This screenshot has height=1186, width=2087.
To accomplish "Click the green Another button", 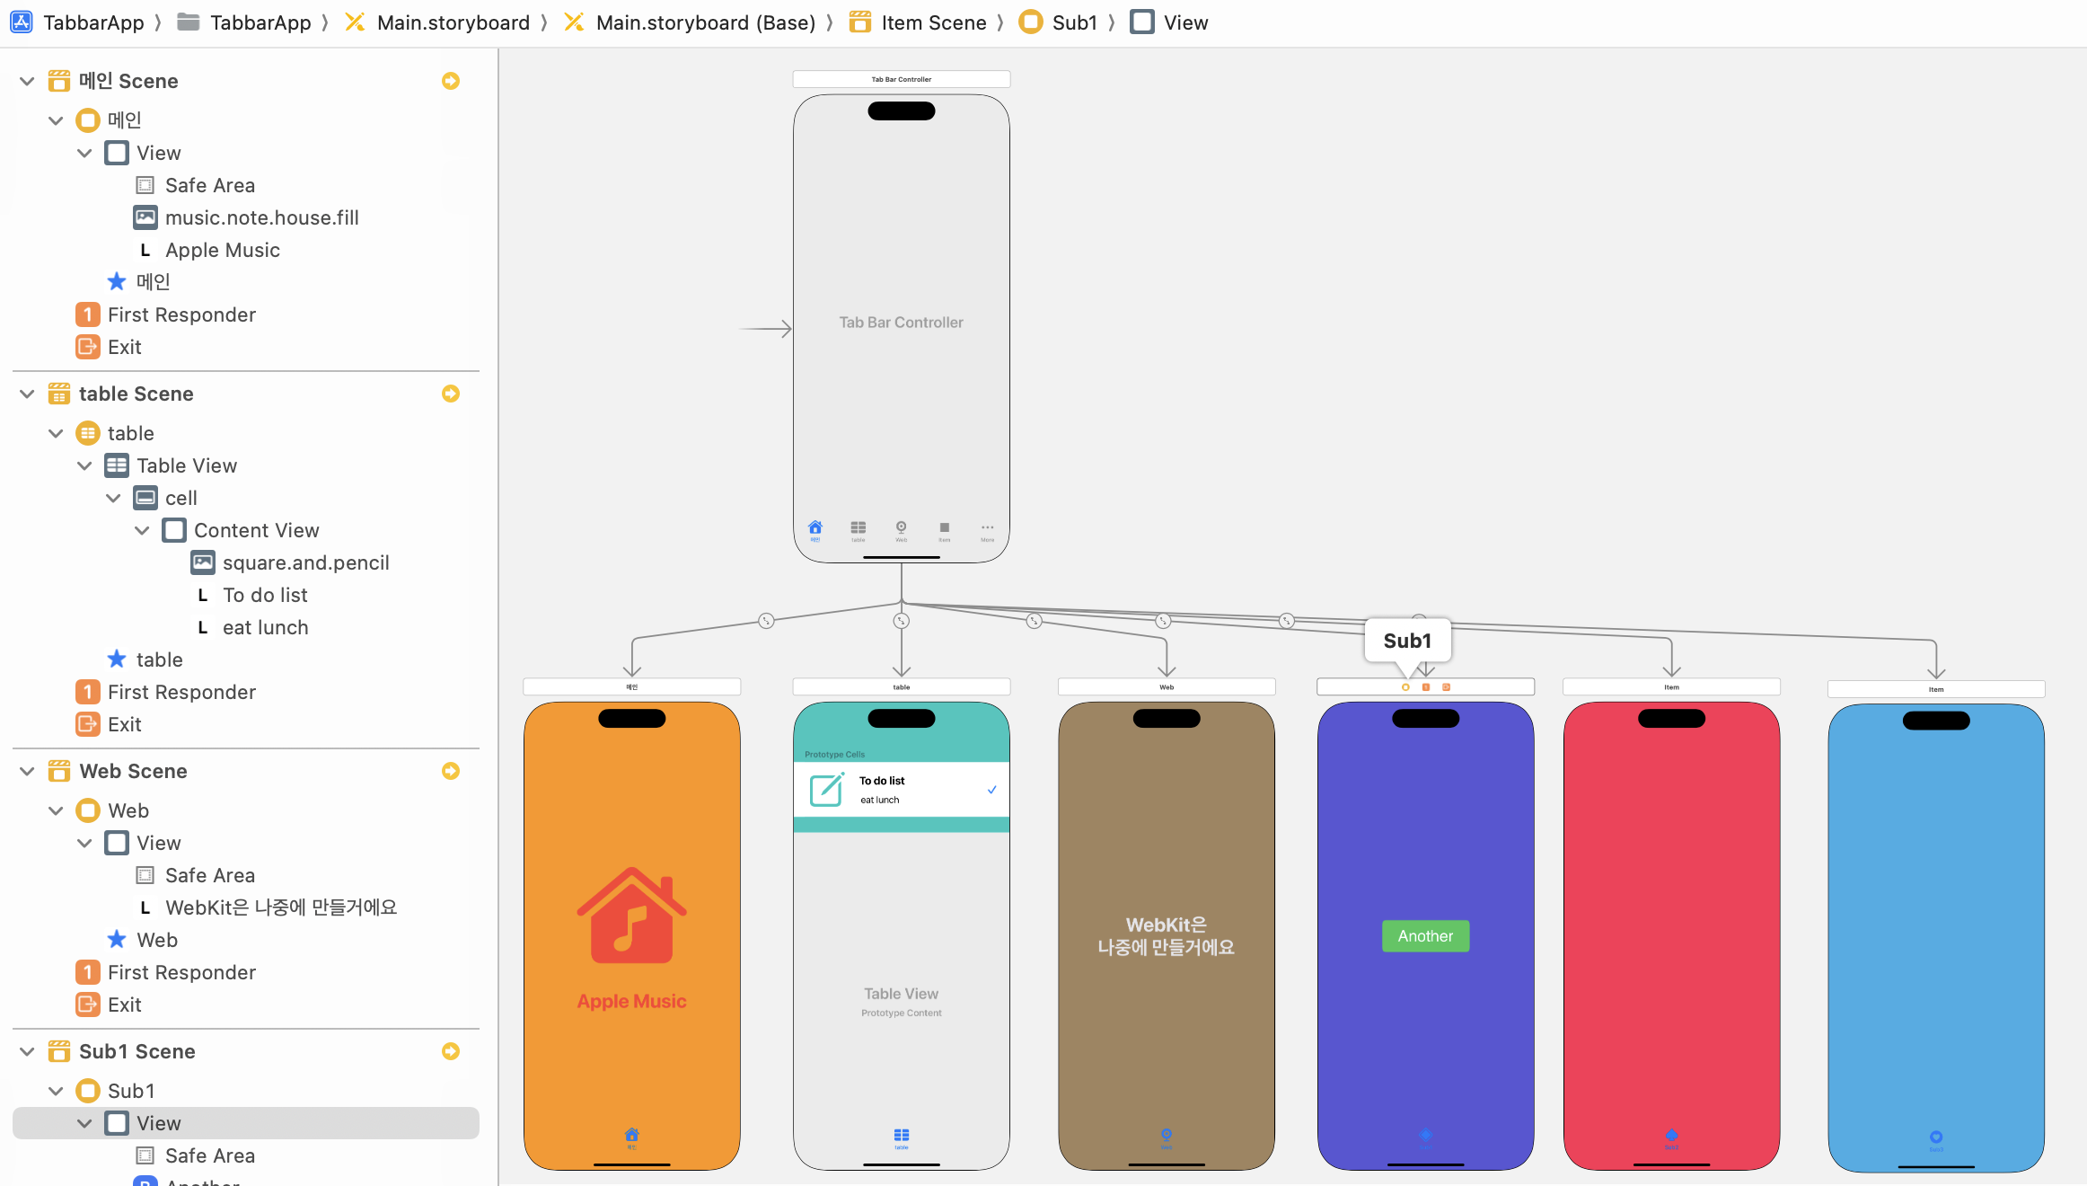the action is tap(1425, 936).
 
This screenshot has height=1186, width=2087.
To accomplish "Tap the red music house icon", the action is tap(631, 916).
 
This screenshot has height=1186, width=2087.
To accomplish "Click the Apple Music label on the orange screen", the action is tap(631, 1001).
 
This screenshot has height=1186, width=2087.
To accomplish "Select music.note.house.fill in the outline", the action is tap(261, 217).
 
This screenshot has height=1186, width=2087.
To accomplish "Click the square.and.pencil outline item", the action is tap(305, 562).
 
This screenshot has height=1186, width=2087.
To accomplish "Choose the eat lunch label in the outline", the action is tap(265, 627).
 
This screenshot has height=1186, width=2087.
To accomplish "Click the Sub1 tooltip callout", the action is tap(1407, 641).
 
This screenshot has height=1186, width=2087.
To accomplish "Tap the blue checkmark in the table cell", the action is tap(991, 790).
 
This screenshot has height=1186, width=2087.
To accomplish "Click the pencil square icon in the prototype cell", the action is tap(826, 790).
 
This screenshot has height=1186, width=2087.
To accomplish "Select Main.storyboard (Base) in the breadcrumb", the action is tap(705, 22).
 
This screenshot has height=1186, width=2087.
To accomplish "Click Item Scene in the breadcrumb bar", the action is tap(933, 22).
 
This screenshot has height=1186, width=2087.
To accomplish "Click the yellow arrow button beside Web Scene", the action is tap(451, 771).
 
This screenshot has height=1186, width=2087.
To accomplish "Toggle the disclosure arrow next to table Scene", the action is tap(27, 394).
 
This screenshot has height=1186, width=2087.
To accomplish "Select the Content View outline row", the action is tap(256, 530).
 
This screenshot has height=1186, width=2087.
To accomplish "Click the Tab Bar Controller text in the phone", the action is tap(901, 323).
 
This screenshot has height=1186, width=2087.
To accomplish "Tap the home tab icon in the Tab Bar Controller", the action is tap(815, 527).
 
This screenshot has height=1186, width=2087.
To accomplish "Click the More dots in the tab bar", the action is tap(987, 528).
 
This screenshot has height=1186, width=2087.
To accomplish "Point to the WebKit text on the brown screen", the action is tap(1166, 935).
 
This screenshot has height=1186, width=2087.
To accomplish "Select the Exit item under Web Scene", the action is tap(124, 1005).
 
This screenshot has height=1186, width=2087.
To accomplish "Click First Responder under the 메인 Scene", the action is tap(181, 314).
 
